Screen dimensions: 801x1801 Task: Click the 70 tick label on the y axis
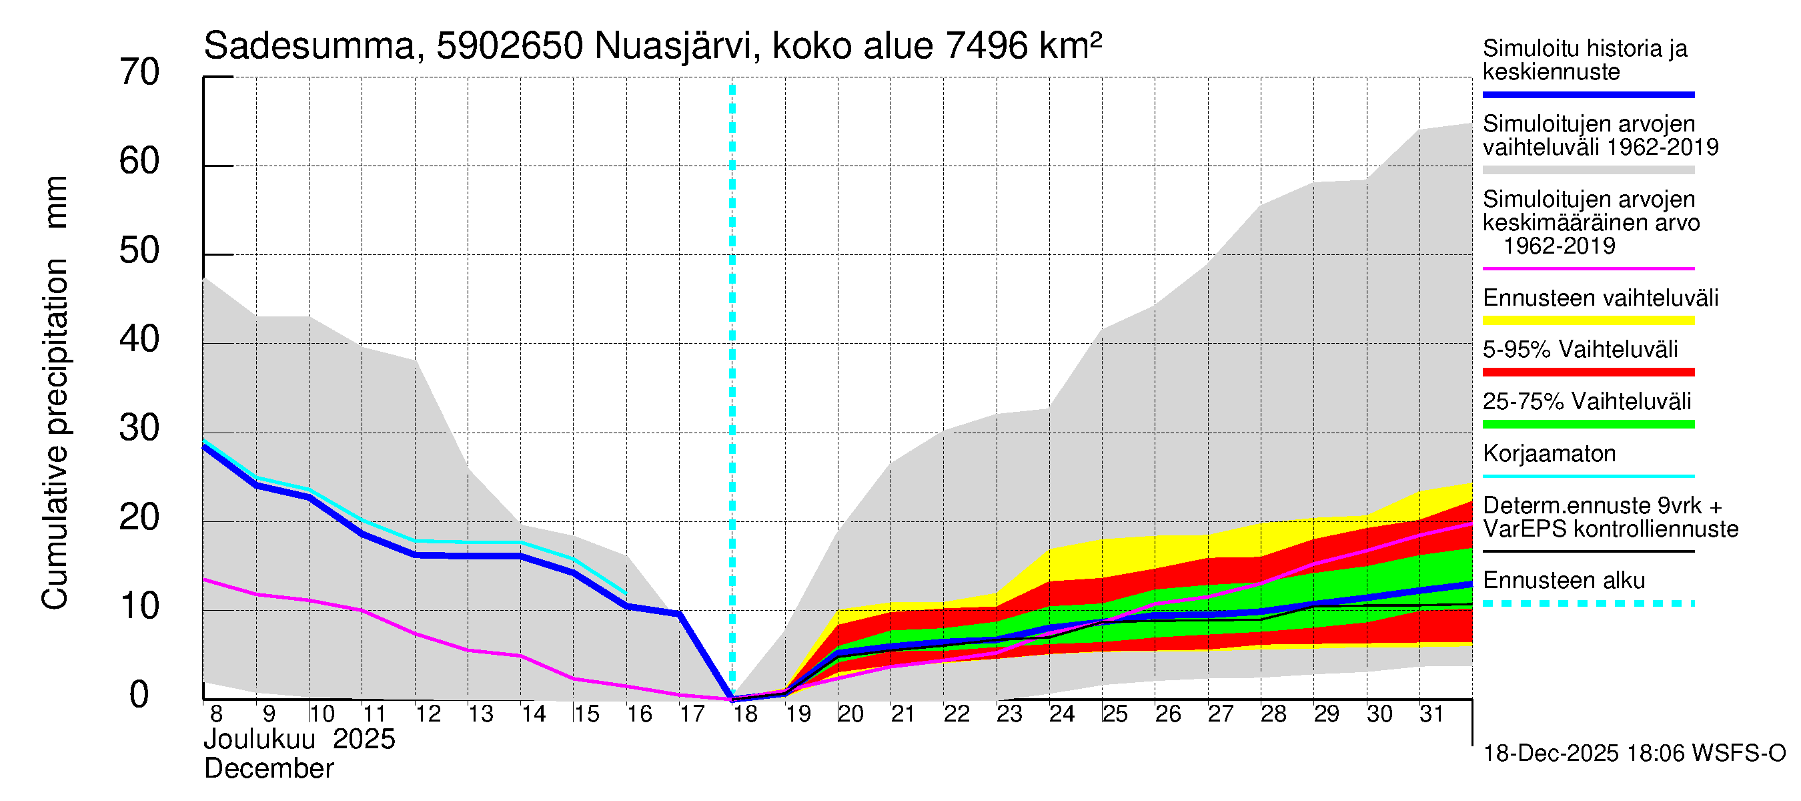point(139,73)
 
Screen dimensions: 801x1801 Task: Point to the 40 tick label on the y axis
point(139,340)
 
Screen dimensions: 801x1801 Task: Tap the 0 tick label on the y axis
point(139,696)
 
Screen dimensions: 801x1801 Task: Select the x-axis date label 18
point(745,714)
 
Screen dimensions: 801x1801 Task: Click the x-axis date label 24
point(1061,714)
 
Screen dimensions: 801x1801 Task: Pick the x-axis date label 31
point(1431,714)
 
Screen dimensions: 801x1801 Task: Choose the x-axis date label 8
point(216,714)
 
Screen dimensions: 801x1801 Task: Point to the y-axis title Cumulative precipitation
point(55,434)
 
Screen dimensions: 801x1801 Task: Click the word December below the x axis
point(268,769)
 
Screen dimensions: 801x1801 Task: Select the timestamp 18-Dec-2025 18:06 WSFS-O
point(1634,754)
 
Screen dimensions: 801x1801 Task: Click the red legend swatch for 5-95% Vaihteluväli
point(1588,372)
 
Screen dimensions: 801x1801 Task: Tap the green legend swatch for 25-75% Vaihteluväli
point(1588,424)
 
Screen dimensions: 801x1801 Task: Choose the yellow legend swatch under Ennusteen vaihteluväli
point(1588,320)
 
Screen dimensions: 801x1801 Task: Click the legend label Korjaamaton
point(1549,454)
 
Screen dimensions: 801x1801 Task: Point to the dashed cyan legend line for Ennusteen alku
point(1588,603)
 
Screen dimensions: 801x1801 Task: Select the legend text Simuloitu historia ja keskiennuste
point(1584,60)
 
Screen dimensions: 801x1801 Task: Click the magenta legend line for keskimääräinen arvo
point(1588,268)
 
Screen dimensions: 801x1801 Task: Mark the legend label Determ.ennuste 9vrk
point(1602,506)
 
